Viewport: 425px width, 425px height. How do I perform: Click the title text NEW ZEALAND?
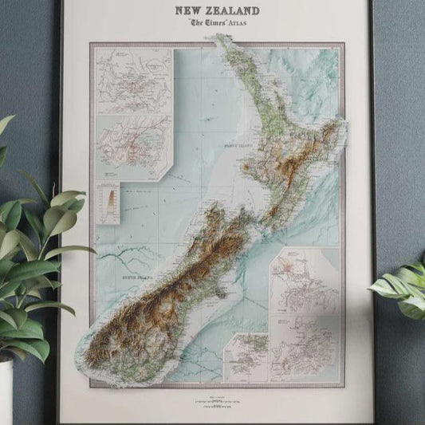(x=217, y=10)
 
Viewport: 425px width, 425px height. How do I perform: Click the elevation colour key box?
(x=108, y=202)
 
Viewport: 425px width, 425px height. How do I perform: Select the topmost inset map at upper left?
(x=134, y=81)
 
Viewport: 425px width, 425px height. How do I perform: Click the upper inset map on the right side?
(x=305, y=280)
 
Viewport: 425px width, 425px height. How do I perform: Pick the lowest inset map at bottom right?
(x=305, y=346)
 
